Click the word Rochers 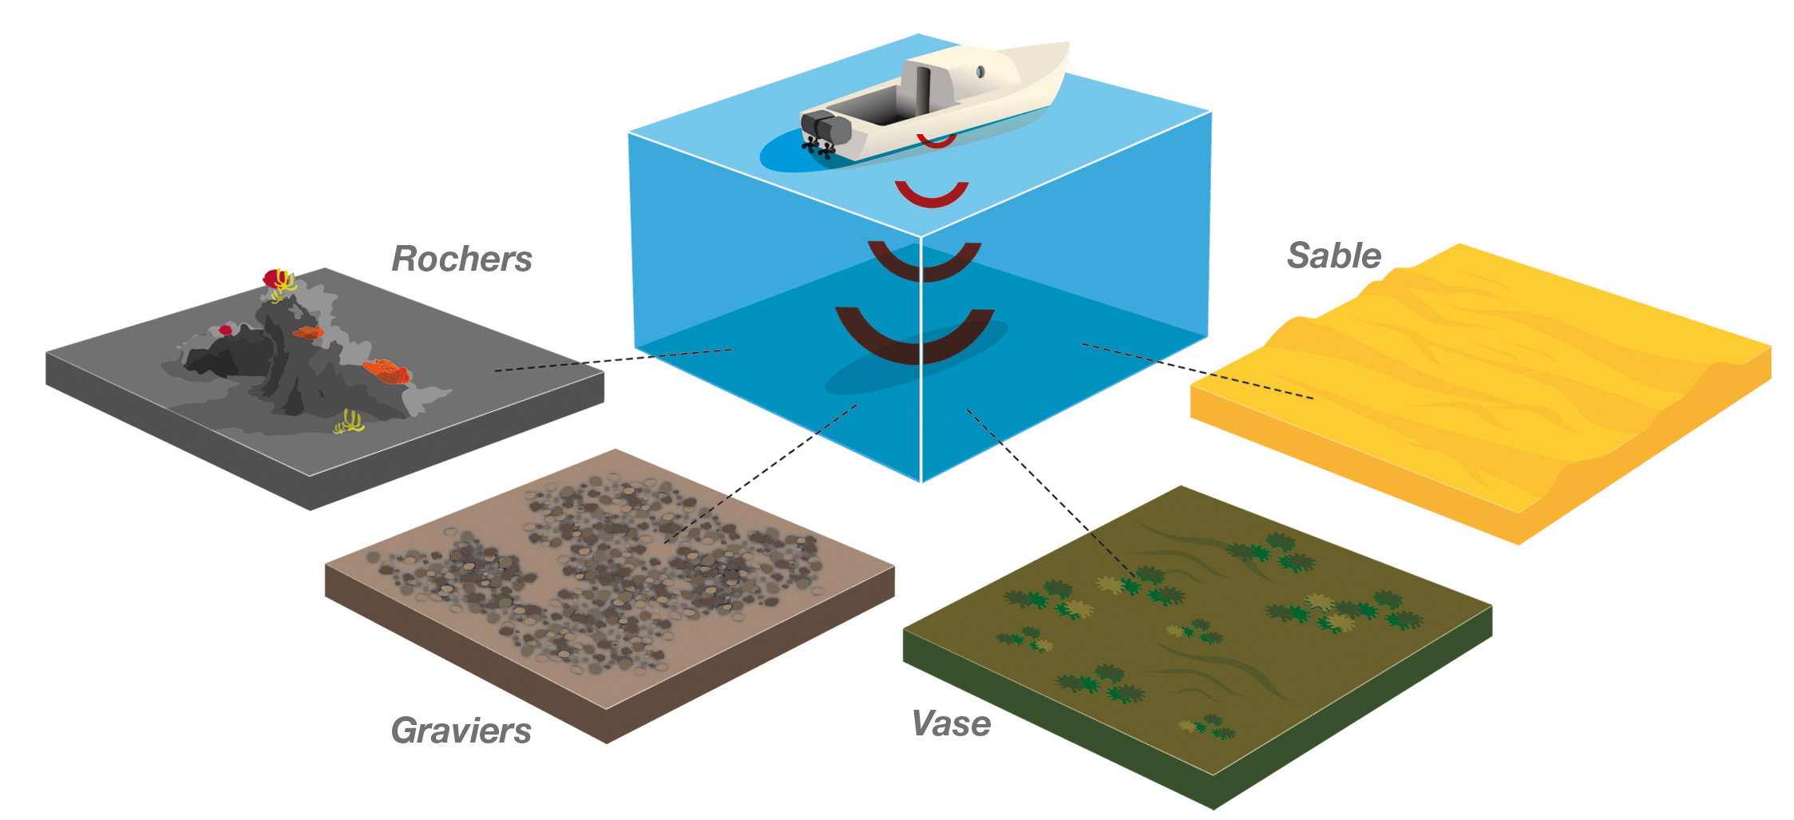click(461, 259)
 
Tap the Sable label click(1333, 256)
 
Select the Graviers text click(461, 731)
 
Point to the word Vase click(951, 724)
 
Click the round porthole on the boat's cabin click(980, 73)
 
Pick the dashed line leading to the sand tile click(1198, 371)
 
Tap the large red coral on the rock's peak click(275, 279)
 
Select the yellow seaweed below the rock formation click(349, 422)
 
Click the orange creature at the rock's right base click(386, 371)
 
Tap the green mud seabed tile click(1198, 655)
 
